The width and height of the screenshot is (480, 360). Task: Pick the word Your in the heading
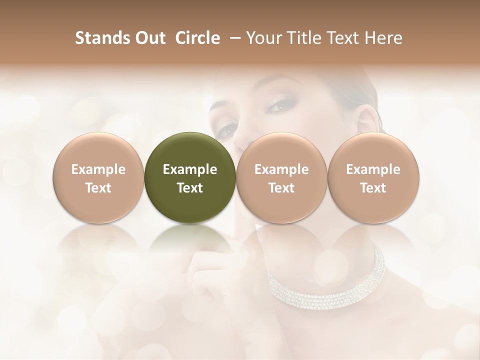[263, 38]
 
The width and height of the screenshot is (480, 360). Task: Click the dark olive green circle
[190, 177]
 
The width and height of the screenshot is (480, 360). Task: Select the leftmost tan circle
[98, 177]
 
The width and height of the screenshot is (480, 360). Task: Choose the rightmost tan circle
[373, 177]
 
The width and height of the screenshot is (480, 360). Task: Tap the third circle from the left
[281, 177]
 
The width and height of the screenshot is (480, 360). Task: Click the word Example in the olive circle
[190, 169]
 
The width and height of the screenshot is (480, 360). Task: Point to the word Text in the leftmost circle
[98, 188]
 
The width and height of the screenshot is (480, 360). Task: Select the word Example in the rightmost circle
[373, 169]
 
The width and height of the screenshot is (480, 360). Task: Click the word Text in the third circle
[281, 188]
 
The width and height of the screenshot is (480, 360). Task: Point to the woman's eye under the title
[279, 105]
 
